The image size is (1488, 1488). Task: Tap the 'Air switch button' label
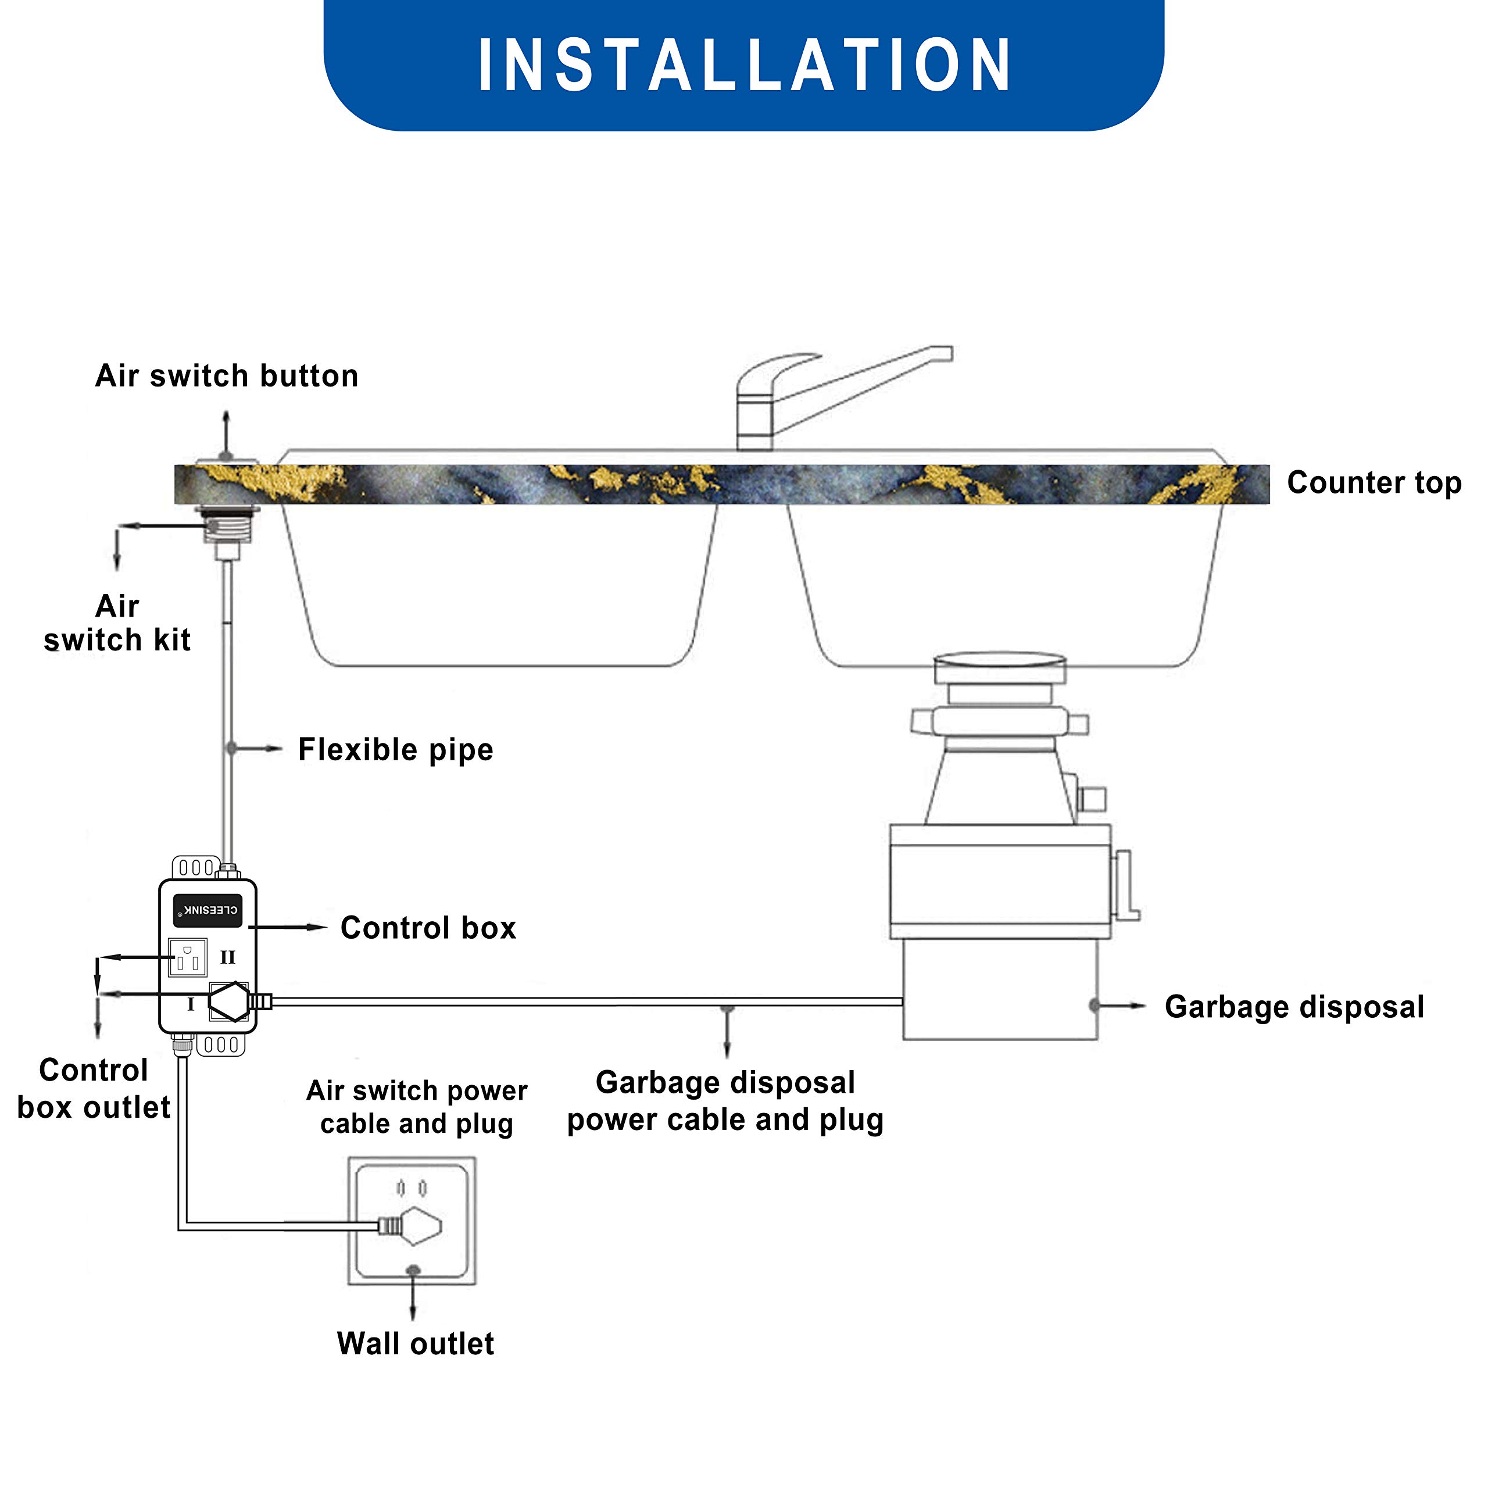coord(227,376)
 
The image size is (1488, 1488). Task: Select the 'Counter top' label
coord(1373,483)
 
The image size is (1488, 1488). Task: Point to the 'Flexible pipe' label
coord(395,749)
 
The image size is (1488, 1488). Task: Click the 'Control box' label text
coord(428,928)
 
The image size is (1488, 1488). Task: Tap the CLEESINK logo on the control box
coord(208,910)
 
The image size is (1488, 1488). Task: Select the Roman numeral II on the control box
coord(227,957)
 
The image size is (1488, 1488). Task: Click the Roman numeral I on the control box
coord(190,1004)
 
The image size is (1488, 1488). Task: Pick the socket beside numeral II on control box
coord(188,958)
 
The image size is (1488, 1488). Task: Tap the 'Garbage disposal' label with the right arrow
coord(1294,1007)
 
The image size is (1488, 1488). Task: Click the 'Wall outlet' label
coord(415,1344)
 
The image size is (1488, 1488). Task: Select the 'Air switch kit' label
coord(117,623)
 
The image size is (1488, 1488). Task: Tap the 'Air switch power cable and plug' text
coord(417,1107)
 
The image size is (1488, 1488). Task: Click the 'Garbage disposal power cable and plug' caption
coord(725,1101)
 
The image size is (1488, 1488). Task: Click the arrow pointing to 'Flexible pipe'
coord(257,749)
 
